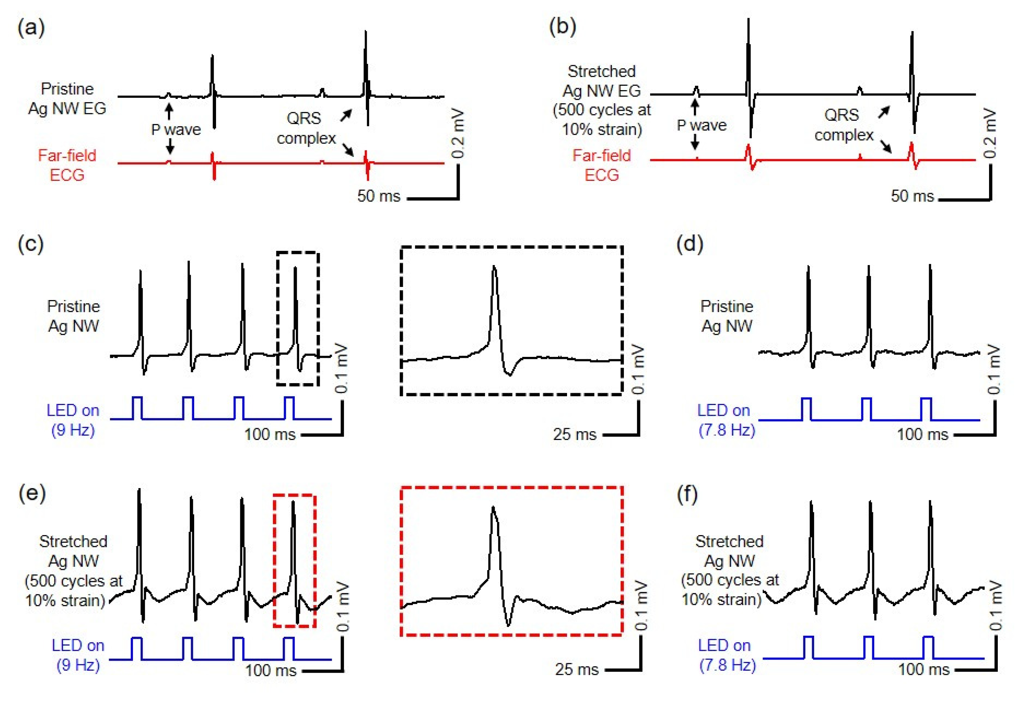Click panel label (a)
pyautogui.click(x=31, y=29)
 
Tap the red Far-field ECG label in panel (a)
pyautogui.click(x=67, y=165)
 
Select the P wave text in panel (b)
pyautogui.click(x=701, y=125)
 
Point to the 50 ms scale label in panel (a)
pyautogui.click(x=379, y=196)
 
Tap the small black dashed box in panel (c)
pyautogui.click(x=298, y=319)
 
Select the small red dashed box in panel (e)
pyautogui.click(x=294, y=560)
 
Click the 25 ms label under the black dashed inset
pyautogui.click(x=574, y=435)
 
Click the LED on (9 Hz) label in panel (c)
pyautogui.click(x=73, y=420)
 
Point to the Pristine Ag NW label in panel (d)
pyautogui.click(x=727, y=316)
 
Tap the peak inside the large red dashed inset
pyautogui.click(x=493, y=509)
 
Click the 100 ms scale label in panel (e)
pyautogui.click(x=271, y=670)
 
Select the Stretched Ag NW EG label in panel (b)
pyautogui.click(x=601, y=101)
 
